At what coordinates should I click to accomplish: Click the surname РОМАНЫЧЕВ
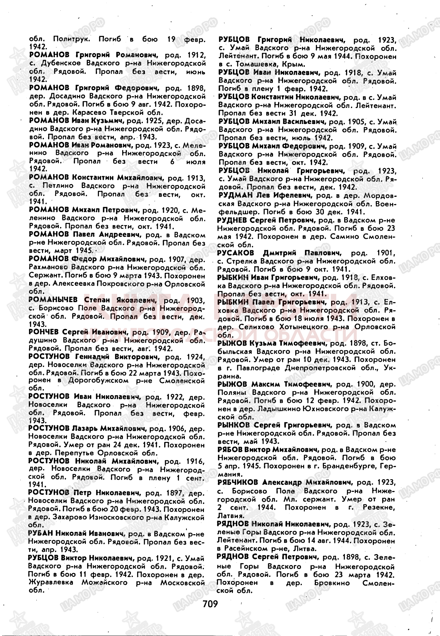point(53,300)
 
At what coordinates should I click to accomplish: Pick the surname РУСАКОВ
point(236,253)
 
